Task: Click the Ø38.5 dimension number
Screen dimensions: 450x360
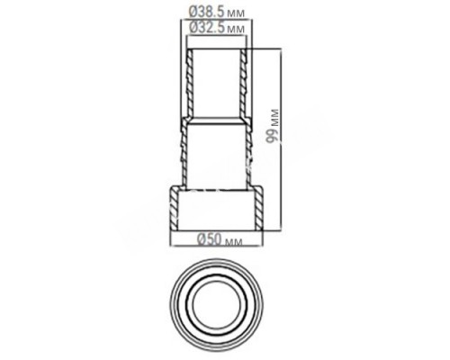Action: tap(206, 12)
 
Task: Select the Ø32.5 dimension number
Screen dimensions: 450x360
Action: tap(206, 28)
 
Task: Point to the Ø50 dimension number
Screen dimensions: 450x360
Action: tap(209, 239)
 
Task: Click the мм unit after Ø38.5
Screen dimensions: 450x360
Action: tap(236, 13)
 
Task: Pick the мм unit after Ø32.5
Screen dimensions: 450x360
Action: tap(236, 29)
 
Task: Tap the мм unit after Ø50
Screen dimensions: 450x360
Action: tap(233, 241)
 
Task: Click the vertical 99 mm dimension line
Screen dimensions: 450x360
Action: tap(282, 139)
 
